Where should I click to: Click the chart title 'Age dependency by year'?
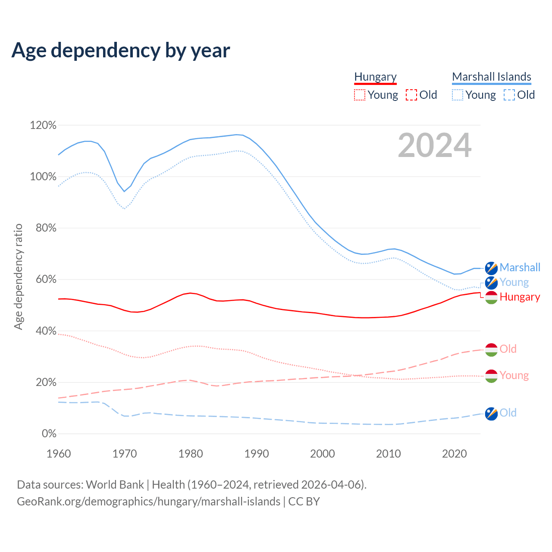click(x=121, y=50)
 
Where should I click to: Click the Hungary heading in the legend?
click(x=375, y=77)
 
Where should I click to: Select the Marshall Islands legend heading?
click(x=492, y=77)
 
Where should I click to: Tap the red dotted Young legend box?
click(x=360, y=95)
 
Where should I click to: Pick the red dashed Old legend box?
click(x=411, y=95)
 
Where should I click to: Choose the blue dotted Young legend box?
click(x=458, y=95)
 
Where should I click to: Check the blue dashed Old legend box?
click(x=509, y=95)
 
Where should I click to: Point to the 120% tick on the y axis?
click(x=43, y=125)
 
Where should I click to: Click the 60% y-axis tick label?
click(x=46, y=279)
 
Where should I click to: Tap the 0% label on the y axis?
click(x=49, y=434)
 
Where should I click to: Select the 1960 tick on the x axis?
click(x=59, y=454)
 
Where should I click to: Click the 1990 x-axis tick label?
click(x=257, y=454)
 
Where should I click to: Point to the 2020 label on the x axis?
click(x=455, y=454)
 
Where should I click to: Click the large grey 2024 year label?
click(x=435, y=145)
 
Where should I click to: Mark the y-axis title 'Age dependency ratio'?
click(x=18, y=276)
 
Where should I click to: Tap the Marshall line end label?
click(x=520, y=267)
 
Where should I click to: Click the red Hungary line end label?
click(x=520, y=297)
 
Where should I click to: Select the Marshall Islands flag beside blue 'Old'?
click(x=491, y=414)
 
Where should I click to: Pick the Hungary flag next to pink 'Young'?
click(x=491, y=376)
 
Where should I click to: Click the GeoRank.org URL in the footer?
click(x=149, y=502)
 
